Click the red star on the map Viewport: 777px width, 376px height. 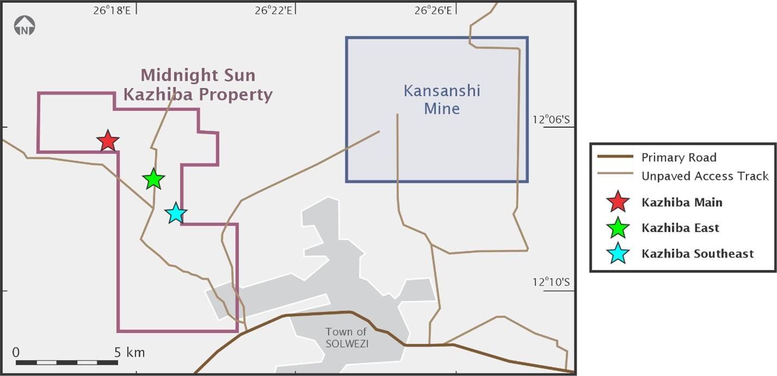click(108, 141)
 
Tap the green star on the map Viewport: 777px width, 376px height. click(154, 179)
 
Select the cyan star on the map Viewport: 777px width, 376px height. click(176, 213)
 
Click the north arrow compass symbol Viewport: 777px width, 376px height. click(24, 26)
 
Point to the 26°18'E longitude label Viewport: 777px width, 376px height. click(111, 10)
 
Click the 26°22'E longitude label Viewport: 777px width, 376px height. click(273, 10)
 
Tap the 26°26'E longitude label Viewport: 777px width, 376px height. click(433, 10)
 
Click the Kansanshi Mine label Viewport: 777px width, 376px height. click(442, 99)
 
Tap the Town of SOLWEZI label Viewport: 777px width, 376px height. click(347, 337)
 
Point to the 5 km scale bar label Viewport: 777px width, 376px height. click(130, 353)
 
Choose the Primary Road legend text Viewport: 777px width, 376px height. click(679, 157)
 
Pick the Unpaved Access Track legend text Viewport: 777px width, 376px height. click(705, 176)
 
